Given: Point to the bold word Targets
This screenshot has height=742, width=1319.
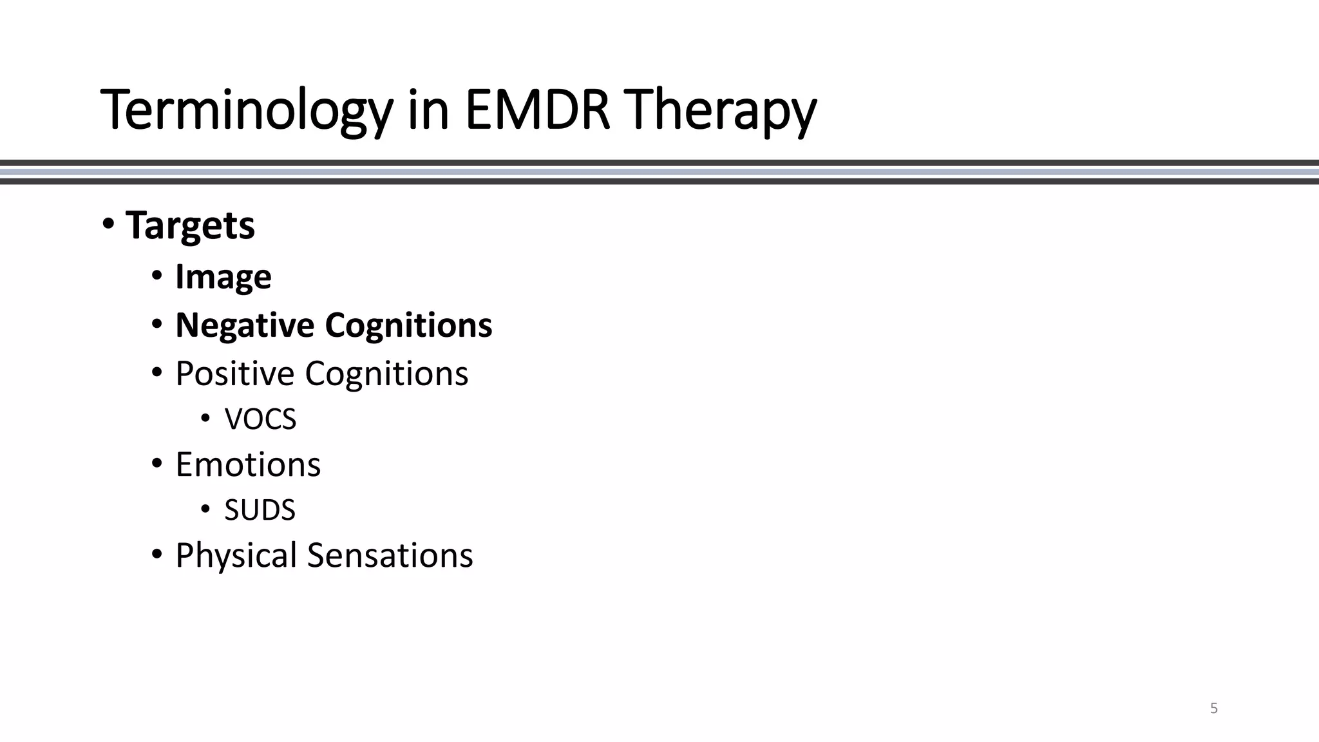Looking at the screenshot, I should (190, 225).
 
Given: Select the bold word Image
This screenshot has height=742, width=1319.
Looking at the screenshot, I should (223, 277).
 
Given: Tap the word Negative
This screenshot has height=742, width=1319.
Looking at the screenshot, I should (244, 325).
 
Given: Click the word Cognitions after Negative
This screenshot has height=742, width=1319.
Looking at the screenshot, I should (408, 325).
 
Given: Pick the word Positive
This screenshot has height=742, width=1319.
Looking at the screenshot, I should (234, 374).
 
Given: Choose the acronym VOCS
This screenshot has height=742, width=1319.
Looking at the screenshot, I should (260, 419).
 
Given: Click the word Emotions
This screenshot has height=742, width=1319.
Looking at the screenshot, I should (247, 464).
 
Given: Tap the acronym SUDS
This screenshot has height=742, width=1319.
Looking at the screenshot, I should (260, 510).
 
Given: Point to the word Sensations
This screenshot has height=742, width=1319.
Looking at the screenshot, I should (390, 555).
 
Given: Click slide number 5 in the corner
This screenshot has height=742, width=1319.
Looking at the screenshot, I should (1214, 709).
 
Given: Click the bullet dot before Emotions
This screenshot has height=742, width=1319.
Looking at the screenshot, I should (157, 464).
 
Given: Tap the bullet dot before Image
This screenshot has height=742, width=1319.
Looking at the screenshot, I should (157, 276).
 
